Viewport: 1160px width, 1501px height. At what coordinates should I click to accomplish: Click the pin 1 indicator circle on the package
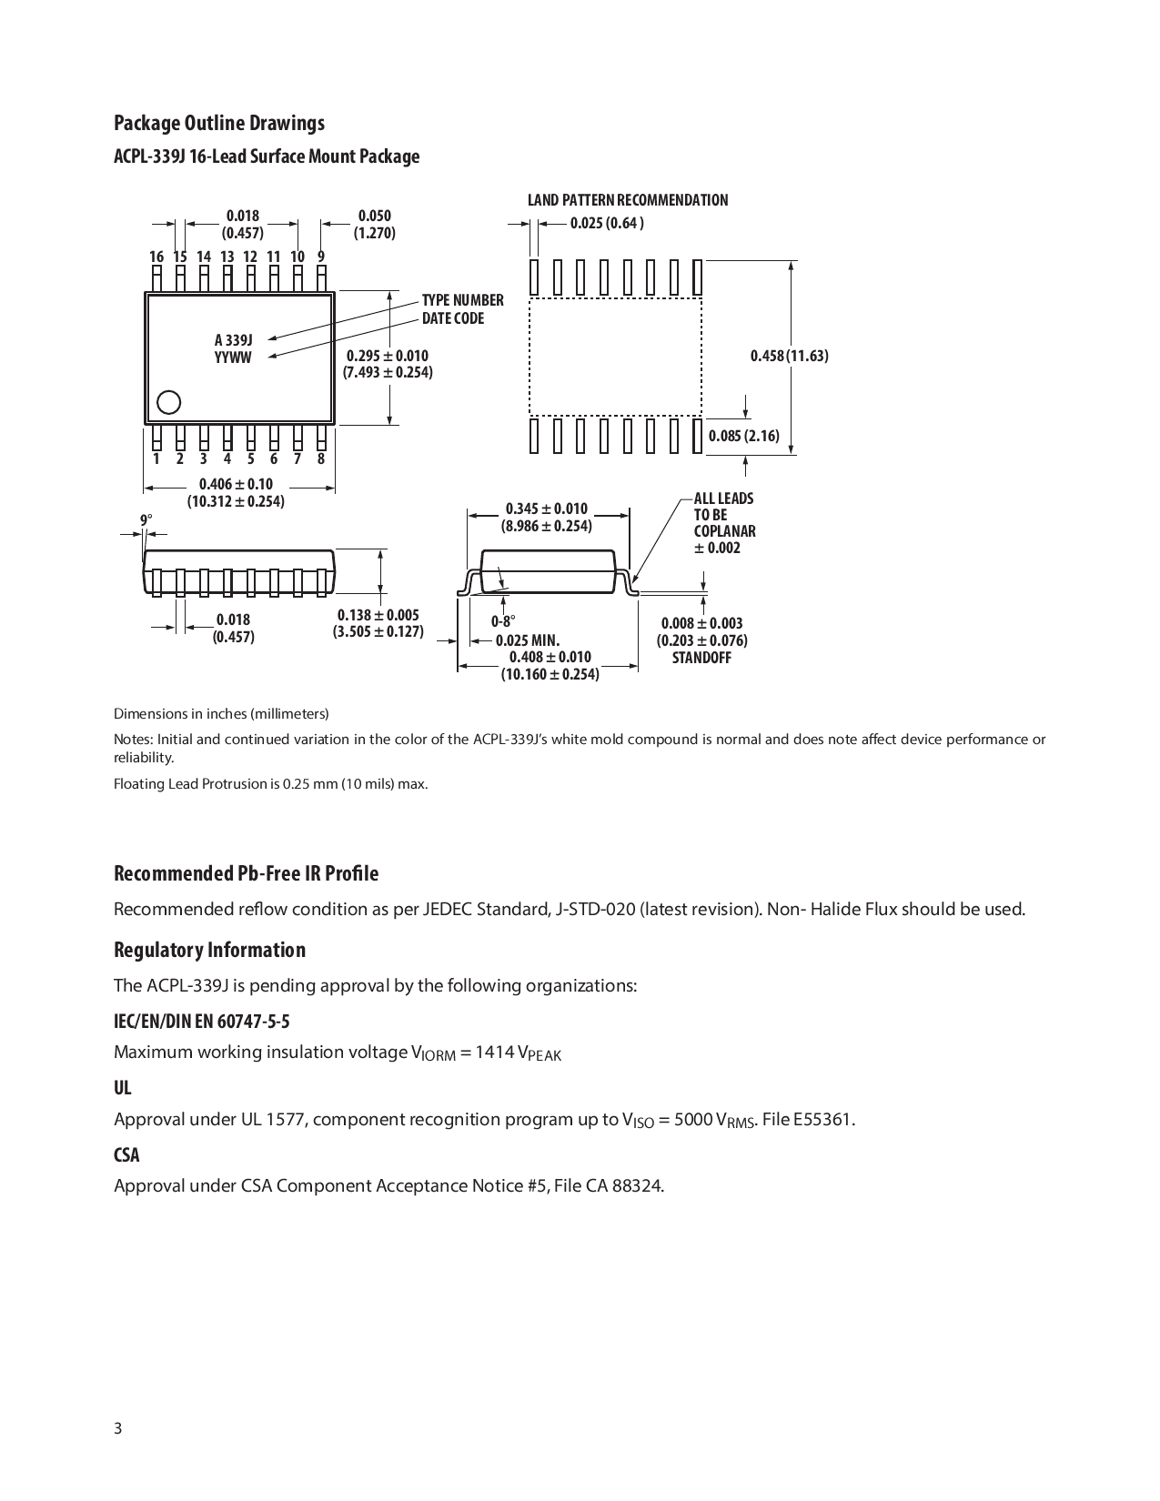(x=168, y=402)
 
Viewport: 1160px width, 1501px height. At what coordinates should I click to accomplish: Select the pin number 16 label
(x=156, y=257)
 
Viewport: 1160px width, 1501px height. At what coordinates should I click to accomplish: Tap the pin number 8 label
(x=321, y=458)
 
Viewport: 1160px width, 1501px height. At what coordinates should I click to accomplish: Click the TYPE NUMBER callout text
(x=462, y=300)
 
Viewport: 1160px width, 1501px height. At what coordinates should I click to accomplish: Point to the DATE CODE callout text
(x=452, y=318)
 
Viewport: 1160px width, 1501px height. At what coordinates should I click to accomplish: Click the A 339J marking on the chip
(x=233, y=340)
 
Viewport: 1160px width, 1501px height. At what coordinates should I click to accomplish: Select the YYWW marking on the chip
(x=233, y=358)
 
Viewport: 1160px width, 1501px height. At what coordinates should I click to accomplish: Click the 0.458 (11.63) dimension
(x=789, y=356)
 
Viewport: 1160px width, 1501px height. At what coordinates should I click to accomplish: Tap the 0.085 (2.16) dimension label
(x=743, y=436)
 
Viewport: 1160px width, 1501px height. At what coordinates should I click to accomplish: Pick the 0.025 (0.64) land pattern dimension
(x=607, y=224)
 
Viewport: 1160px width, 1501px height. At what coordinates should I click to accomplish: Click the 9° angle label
(x=146, y=520)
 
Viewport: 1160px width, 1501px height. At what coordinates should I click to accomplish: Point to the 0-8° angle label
(x=503, y=622)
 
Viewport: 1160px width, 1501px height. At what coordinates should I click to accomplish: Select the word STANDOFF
(x=701, y=658)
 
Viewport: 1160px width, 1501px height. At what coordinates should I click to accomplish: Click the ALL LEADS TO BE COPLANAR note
(x=724, y=523)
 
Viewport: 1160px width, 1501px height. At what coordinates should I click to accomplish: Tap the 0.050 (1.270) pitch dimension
(x=374, y=224)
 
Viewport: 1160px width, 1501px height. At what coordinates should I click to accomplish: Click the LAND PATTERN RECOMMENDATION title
(x=628, y=200)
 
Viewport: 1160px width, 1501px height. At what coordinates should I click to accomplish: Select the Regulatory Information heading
(x=209, y=950)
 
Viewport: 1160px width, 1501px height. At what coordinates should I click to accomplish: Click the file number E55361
(x=822, y=1119)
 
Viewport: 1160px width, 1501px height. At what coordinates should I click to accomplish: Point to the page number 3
(x=117, y=1428)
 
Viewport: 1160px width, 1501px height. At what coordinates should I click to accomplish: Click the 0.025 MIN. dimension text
(x=527, y=640)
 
